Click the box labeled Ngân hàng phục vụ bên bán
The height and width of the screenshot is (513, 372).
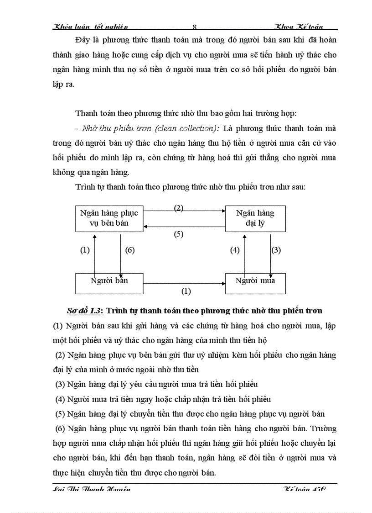(x=109, y=218)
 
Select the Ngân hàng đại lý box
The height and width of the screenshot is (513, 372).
(x=255, y=218)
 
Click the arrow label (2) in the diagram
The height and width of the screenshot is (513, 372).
(x=179, y=208)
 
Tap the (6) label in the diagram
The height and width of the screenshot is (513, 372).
(x=130, y=250)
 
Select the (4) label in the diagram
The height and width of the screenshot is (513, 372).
(x=234, y=250)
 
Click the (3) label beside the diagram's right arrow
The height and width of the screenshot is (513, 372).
(x=276, y=250)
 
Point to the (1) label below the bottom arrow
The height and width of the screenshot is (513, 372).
(x=186, y=291)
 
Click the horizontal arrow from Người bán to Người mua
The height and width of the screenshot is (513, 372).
(x=185, y=283)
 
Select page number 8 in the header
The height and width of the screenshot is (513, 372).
(x=195, y=27)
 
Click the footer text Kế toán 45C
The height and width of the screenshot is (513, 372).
(x=305, y=489)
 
